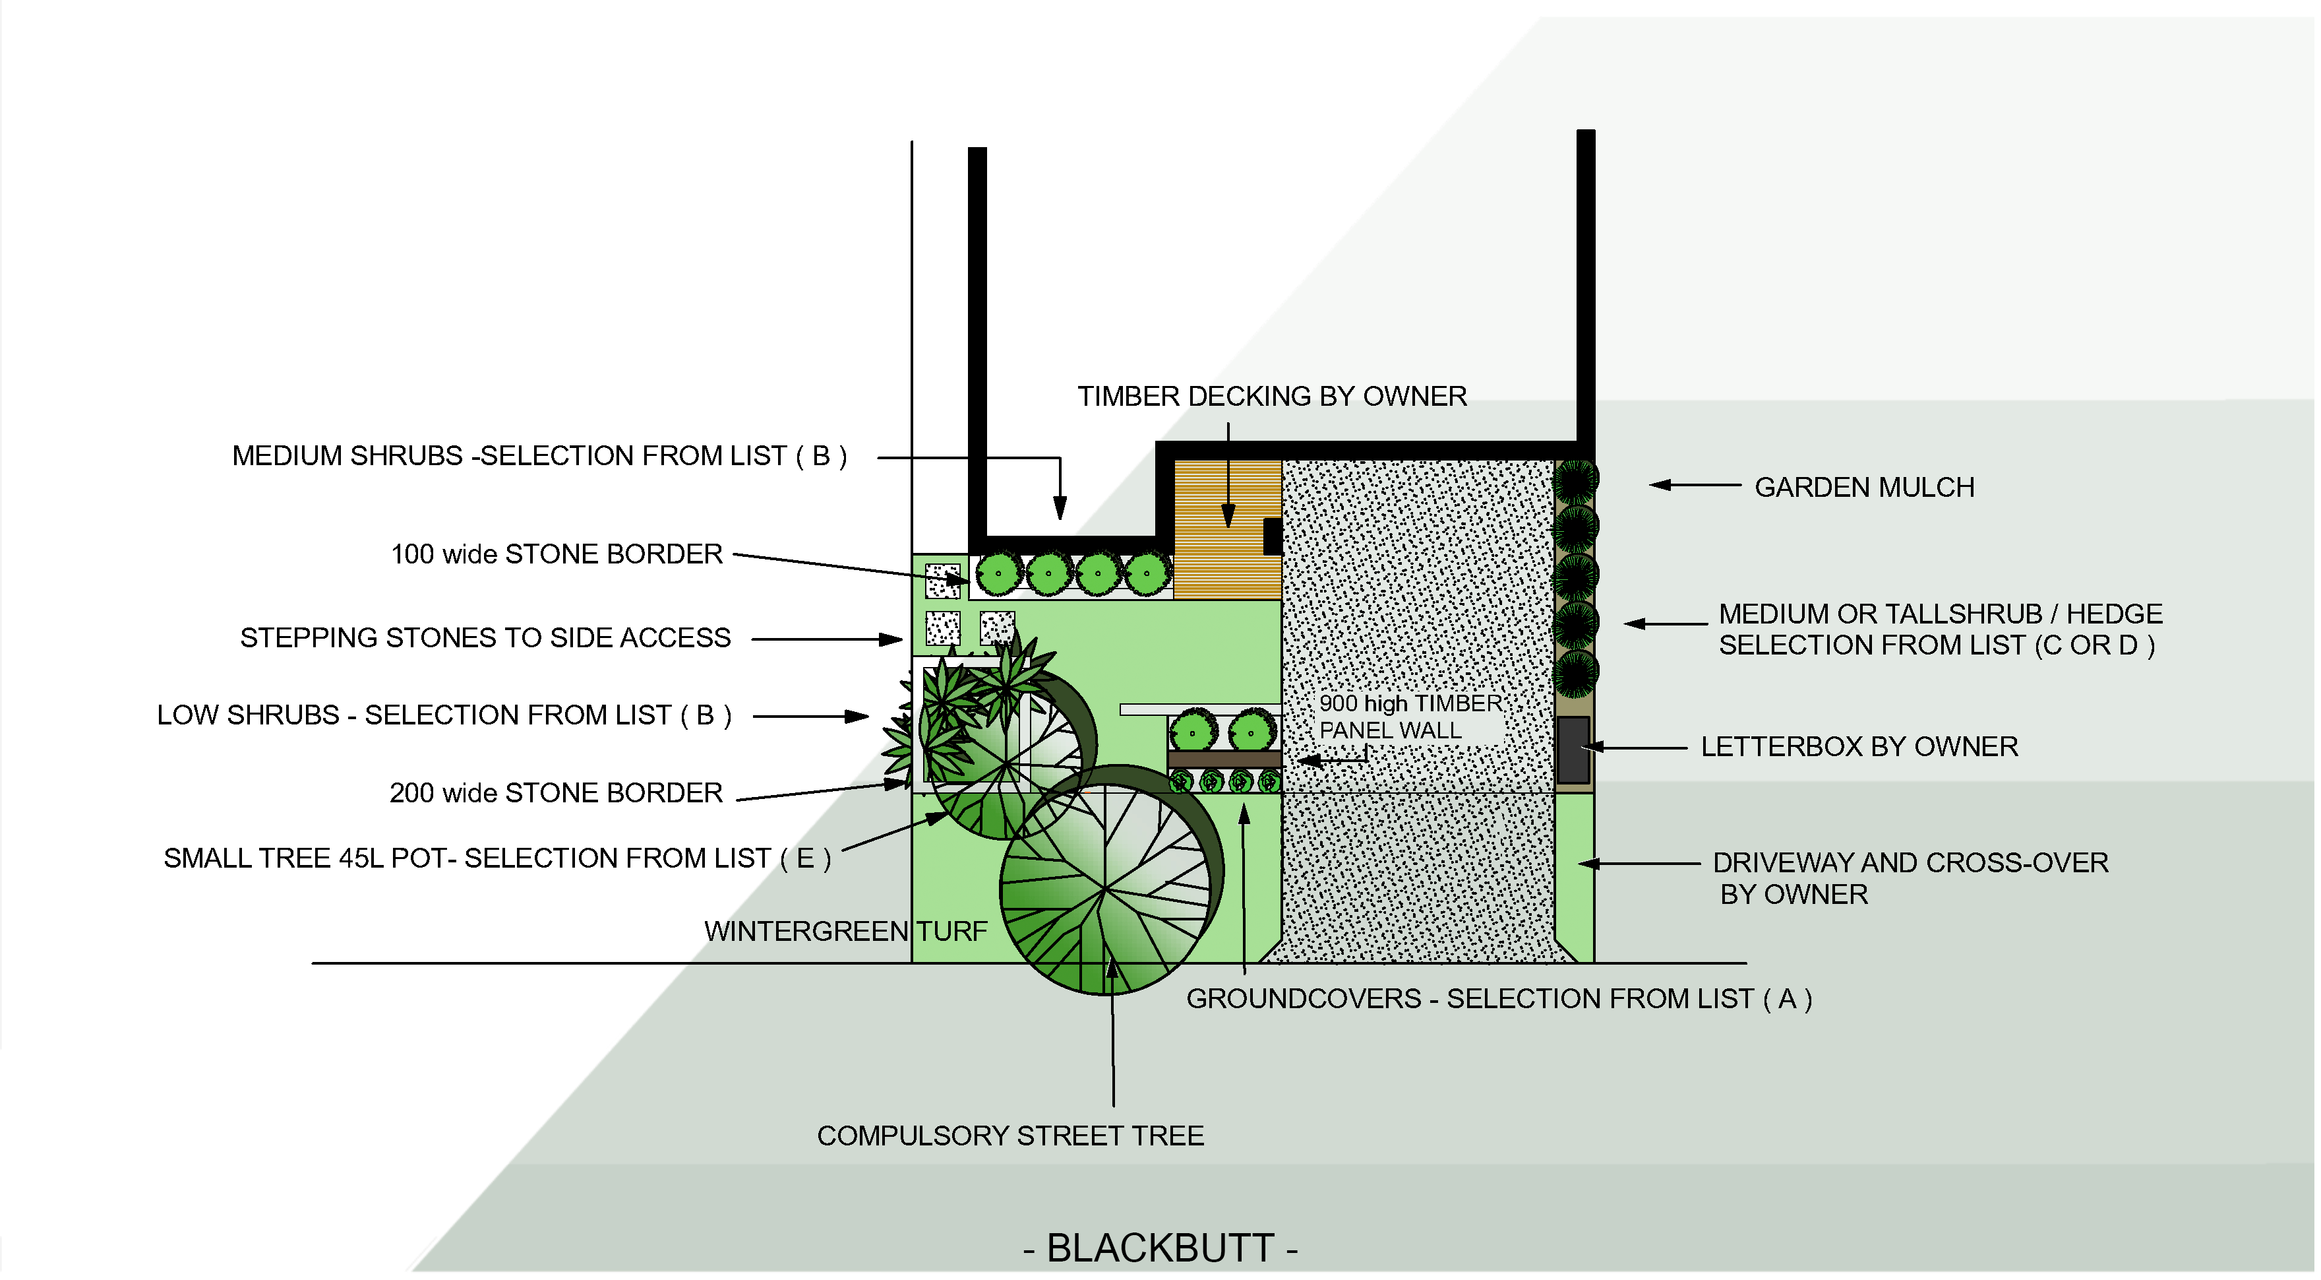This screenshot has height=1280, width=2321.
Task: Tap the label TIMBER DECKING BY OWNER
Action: tap(1271, 397)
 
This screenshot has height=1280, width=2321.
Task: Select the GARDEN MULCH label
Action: tap(1863, 488)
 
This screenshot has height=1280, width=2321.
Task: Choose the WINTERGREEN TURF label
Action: tap(845, 931)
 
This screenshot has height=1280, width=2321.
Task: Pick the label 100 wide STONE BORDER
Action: tap(556, 554)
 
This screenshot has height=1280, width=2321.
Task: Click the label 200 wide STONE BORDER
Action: tap(555, 793)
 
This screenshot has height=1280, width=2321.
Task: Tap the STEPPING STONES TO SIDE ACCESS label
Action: tap(485, 638)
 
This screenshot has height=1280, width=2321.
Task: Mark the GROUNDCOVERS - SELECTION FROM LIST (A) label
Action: tap(1498, 999)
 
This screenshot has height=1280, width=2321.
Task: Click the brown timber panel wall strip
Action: tap(1224, 759)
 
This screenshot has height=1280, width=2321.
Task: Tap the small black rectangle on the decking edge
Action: tap(1272, 536)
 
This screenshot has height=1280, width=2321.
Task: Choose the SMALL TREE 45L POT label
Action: tap(497, 858)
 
